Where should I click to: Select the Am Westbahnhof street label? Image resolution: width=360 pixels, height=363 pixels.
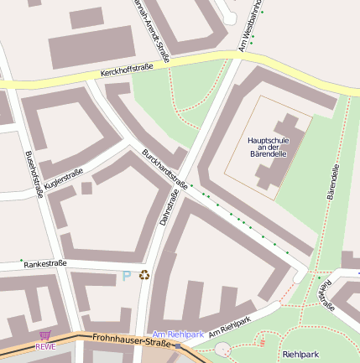point(248,25)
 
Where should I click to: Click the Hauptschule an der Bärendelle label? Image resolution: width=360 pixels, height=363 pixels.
point(269,147)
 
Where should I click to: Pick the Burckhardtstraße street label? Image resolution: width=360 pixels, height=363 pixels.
point(164,169)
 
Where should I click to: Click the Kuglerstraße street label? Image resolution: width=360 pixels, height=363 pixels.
point(64,177)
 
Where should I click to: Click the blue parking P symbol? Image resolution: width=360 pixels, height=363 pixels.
point(127,275)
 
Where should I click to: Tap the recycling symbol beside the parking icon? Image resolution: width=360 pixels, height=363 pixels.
point(144,274)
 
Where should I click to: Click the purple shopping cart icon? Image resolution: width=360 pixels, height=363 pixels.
point(44,335)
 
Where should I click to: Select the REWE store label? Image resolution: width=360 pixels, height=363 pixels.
point(45,345)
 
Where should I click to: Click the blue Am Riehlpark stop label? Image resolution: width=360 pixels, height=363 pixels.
point(178,334)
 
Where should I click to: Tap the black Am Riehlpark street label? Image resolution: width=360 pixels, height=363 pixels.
point(230,326)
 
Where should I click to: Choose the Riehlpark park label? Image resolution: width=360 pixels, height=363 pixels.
point(301,355)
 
